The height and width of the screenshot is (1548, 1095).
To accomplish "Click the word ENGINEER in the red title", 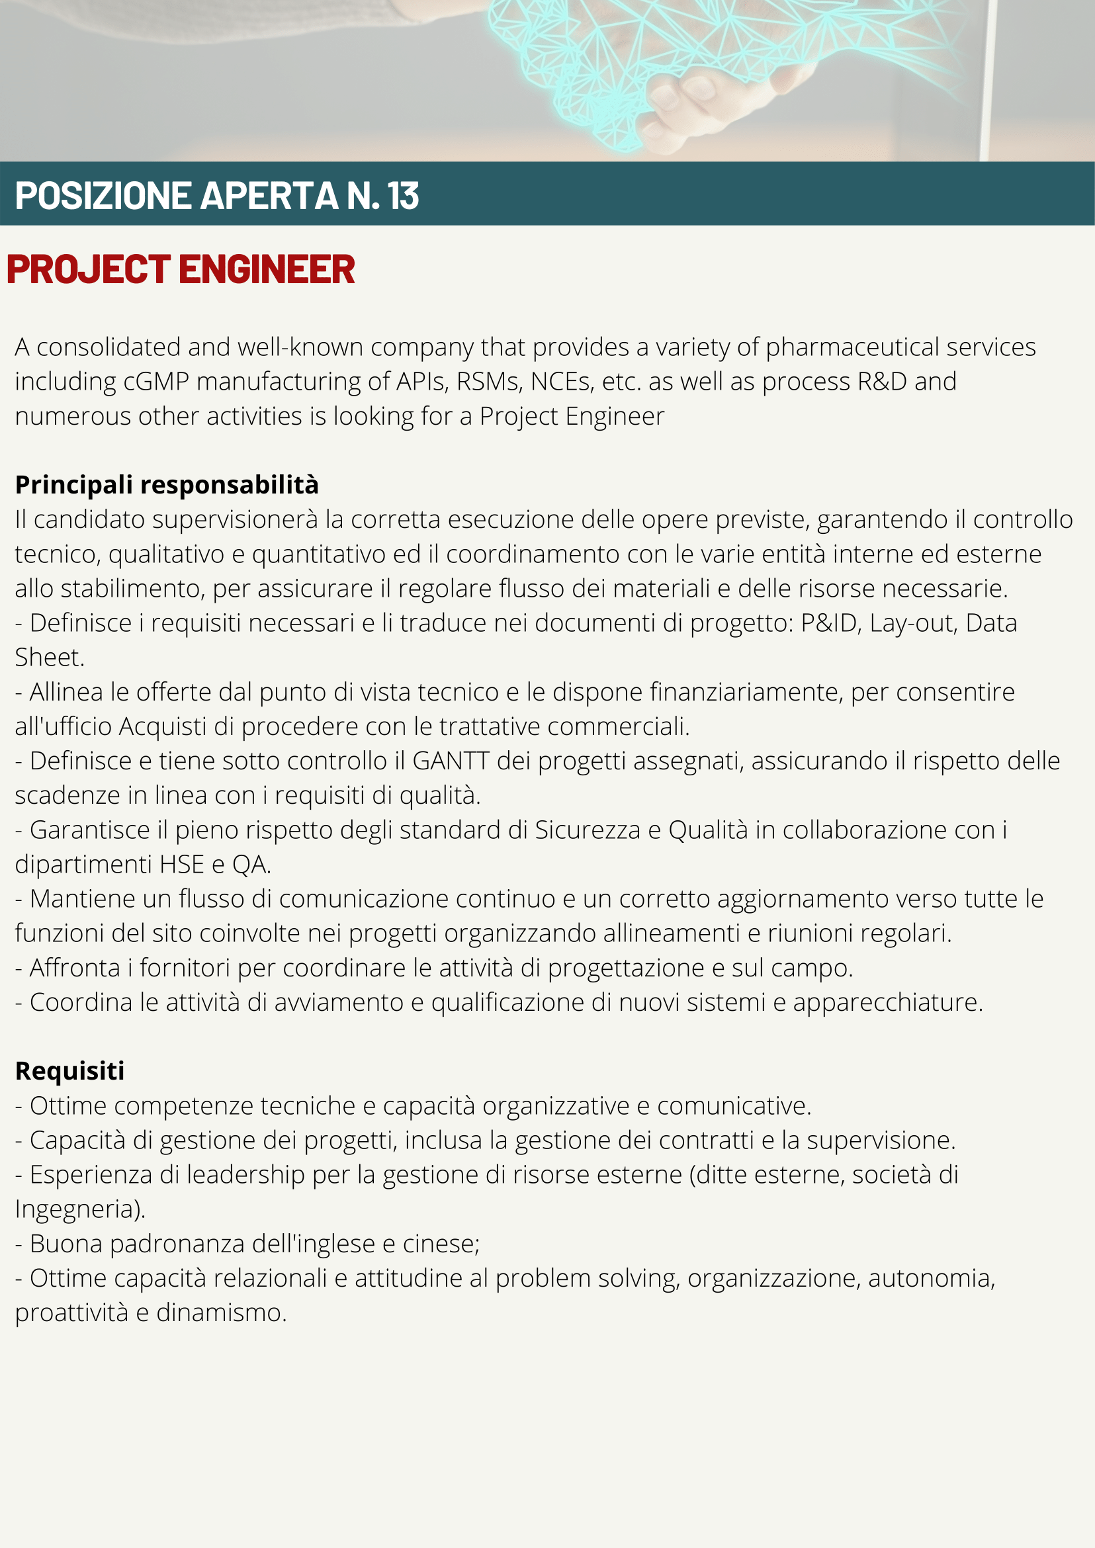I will (267, 269).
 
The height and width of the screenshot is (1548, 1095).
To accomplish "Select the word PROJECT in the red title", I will (89, 269).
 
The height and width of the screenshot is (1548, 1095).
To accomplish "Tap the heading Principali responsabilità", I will (167, 485).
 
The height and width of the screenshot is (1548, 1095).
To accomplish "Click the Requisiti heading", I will (69, 1070).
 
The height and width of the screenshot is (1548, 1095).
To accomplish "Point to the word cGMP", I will (155, 382).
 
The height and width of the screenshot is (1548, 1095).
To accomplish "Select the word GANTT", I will (451, 761).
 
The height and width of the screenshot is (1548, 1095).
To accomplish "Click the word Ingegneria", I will (79, 1209).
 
